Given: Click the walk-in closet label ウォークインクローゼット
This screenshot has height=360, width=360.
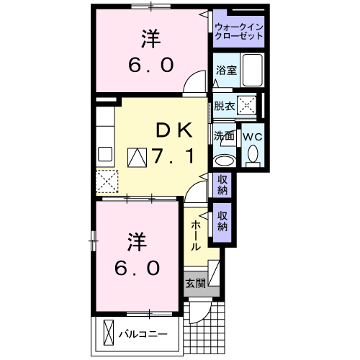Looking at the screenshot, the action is (239, 32).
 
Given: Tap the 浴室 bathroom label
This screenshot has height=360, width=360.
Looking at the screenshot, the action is (226, 70).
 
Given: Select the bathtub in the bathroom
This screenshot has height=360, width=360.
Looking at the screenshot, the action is (252, 70).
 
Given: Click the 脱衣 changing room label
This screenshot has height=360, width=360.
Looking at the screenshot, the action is (225, 106).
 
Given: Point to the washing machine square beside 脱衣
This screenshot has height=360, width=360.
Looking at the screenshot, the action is (246, 105).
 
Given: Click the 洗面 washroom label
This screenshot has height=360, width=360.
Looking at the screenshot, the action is (224, 136).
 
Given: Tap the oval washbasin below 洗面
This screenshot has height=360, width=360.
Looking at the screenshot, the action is (225, 161).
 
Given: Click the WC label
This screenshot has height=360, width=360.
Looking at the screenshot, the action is (253, 137).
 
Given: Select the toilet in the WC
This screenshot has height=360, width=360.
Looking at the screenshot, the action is (253, 156).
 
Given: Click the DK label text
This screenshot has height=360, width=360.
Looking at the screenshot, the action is (174, 130).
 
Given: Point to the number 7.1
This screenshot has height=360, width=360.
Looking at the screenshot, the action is (172, 156).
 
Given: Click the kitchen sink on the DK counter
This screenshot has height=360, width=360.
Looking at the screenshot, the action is (105, 154).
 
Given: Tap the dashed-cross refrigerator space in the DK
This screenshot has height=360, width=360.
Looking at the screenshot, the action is (107, 181).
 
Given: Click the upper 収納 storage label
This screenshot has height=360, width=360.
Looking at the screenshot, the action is (222, 185).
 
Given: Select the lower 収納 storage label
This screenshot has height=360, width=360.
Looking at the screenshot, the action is (222, 222).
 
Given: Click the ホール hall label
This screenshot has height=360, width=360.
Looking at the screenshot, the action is (196, 236).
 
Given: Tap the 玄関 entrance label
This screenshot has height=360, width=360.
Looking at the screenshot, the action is (196, 284).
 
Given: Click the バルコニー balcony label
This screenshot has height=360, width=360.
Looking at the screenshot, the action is (143, 334).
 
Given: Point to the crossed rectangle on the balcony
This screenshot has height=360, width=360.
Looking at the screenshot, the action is (109, 333).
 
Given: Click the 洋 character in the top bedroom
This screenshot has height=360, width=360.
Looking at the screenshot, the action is (150, 39).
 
